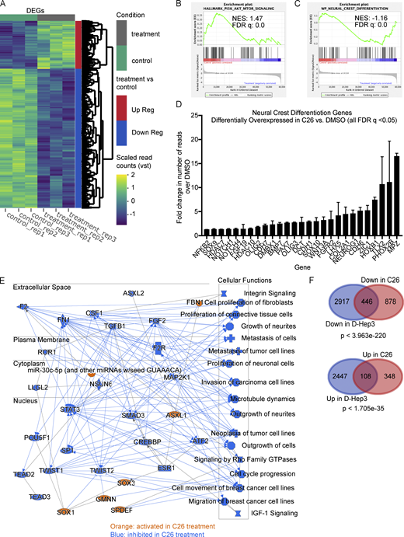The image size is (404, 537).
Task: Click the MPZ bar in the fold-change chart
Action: tap(396, 178)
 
